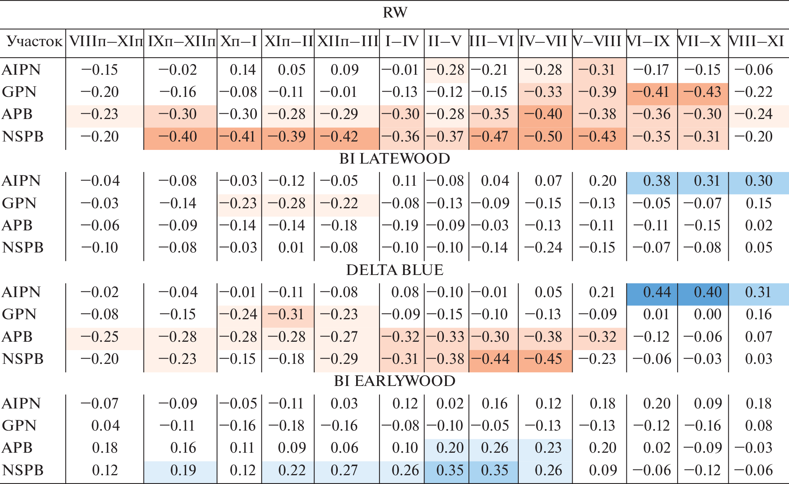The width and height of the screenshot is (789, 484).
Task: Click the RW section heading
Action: click(x=395, y=13)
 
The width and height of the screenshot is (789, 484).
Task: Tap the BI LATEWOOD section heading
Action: click(x=395, y=159)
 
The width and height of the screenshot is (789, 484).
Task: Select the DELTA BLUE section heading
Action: click(x=395, y=270)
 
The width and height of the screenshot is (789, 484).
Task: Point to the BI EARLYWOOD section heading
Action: click(x=395, y=381)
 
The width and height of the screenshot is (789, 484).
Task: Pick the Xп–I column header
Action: click(x=239, y=42)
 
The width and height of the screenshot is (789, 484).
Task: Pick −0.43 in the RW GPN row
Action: click(x=702, y=92)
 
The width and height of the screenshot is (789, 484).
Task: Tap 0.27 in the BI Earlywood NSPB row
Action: click(x=344, y=470)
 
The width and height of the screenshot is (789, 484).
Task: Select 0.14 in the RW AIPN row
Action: click(x=243, y=70)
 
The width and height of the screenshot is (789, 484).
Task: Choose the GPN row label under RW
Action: click(x=19, y=92)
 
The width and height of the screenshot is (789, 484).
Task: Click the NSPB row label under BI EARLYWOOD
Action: click(x=23, y=470)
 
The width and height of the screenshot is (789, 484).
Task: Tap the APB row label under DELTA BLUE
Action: click(x=17, y=337)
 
